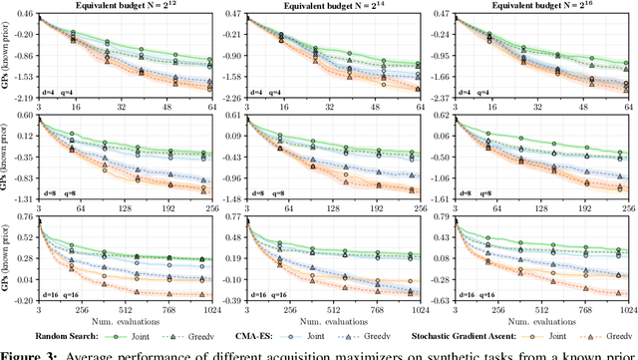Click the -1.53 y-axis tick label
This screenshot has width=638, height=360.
pos(24,76)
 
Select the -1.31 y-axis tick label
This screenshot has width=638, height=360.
pos(24,199)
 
